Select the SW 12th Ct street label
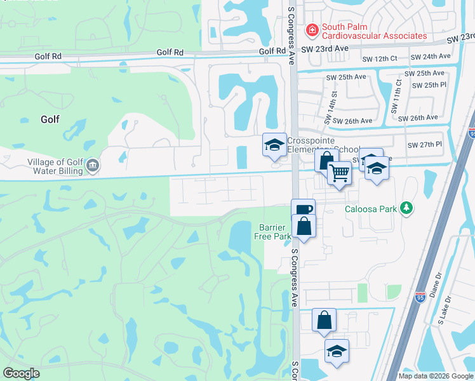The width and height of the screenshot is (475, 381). (x=380, y=58)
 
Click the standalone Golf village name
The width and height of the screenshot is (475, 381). (x=50, y=119)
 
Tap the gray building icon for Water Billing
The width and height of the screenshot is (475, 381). (x=93, y=166)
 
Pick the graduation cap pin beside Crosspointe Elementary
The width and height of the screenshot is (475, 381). (x=274, y=145)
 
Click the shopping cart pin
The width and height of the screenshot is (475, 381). (x=340, y=172)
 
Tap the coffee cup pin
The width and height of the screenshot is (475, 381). (x=303, y=210)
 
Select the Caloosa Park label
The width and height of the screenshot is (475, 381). (x=370, y=208)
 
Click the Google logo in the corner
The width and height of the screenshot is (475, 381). (x=21, y=373)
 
